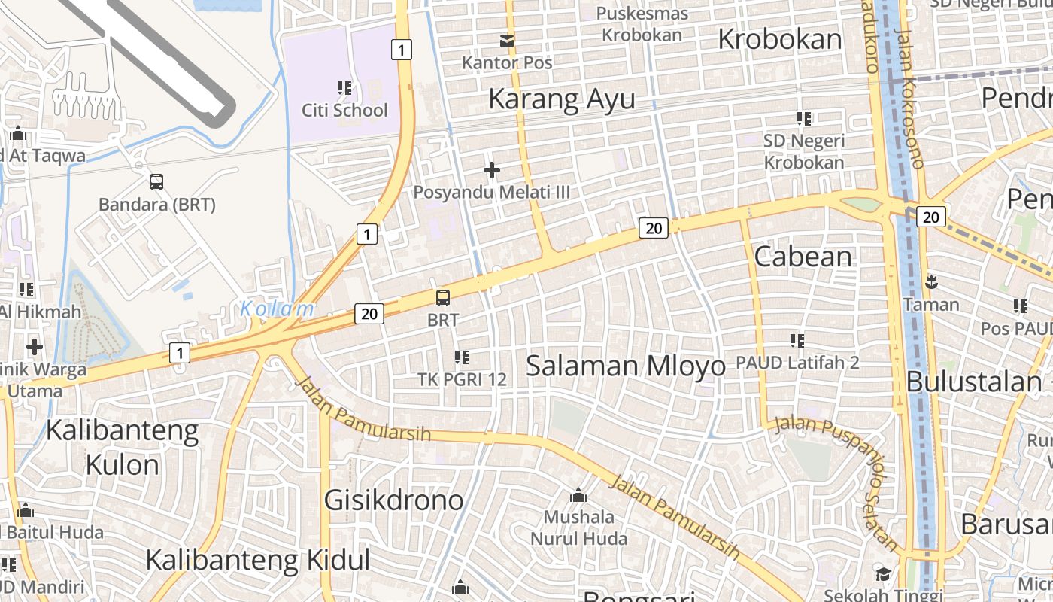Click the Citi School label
pos(344,110)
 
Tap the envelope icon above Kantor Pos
pos(508,41)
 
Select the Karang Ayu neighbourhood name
pos(562,99)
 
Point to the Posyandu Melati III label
pos(491,192)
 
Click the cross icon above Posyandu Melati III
pos(492,170)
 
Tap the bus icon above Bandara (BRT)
pos(156,181)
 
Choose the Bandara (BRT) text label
pos(157,204)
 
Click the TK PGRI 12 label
pos(462,379)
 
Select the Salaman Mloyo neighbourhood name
pos(625,366)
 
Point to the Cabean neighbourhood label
pos(803,257)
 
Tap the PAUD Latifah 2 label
pos(797,363)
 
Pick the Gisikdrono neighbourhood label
pos(393,500)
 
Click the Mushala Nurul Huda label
pos(578,528)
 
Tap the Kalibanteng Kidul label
pos(257,560)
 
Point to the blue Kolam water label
pos(277,309)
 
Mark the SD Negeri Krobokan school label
pos(803,151)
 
